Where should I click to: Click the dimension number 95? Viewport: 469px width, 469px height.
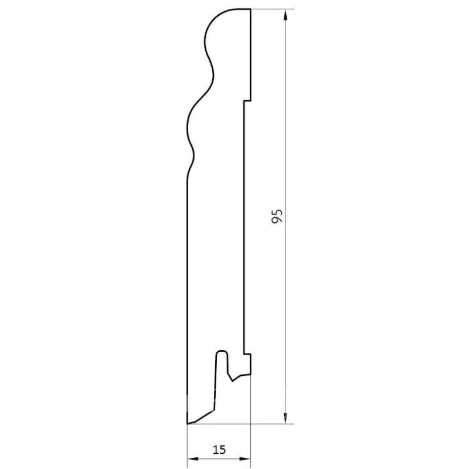pyautogui.click(x=277, y=216)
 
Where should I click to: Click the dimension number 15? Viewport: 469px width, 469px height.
pyautogui.click(x=219, y=449)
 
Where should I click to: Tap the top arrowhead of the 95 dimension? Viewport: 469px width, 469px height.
pyautogui.click(x=286, y=15)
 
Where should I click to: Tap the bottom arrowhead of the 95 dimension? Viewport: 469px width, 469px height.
pyautogui.click(x=286, y=418)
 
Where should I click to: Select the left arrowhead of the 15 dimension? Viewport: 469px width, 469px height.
pyautogui.click(x=193, y=458)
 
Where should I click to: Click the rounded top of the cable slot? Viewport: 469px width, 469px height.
pyautogui.click(x=222, y=352)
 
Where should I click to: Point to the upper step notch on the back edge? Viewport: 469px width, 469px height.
pyautogui.click(x=247, y=101)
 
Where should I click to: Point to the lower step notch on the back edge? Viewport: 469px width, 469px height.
pyautogui.click(x=247, y=354)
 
